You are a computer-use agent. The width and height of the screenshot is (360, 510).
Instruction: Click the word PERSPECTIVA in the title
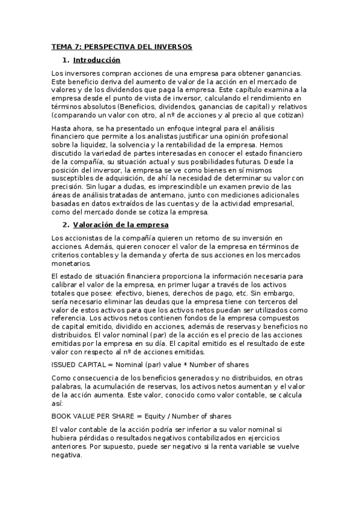pos(112,46)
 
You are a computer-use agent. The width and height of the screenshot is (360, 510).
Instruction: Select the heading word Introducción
pos(97,60)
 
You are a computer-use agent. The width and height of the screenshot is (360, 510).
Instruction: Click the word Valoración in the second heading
pos(96,226)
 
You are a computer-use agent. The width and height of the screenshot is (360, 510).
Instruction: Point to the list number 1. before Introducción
pos(66,60)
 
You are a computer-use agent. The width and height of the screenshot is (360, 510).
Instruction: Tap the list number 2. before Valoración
pos(66,226)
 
